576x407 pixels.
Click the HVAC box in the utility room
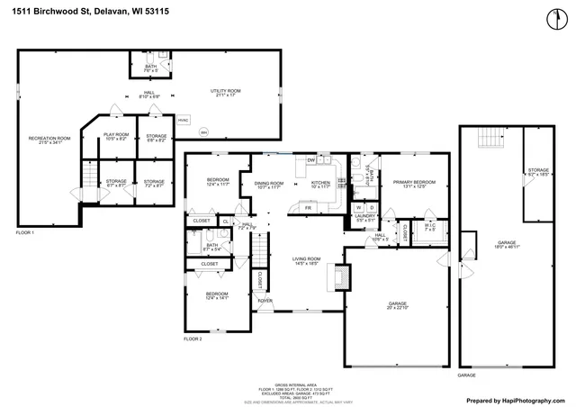[x=183, y=120]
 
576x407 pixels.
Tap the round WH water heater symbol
[x=203, y=131]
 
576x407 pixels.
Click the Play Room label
[x=117, y=137]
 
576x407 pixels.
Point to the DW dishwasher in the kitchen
[x=310, y=160]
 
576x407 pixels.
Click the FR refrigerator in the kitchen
[x=308, y=208]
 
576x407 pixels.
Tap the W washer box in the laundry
[x=358, y=207]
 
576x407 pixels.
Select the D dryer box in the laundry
[x=371, y=207]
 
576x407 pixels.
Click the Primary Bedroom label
[x=414, y=184]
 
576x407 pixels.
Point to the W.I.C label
[x=429, y=227]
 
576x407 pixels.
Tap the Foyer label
[x=266, y=300]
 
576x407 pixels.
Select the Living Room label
[x=307, y=260]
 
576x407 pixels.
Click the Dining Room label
[x=270, y=185]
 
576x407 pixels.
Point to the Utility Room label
[x=225, y=92]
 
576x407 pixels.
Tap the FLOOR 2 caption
[x=193, y=339]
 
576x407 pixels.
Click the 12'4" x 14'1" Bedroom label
[x=217, y=296]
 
